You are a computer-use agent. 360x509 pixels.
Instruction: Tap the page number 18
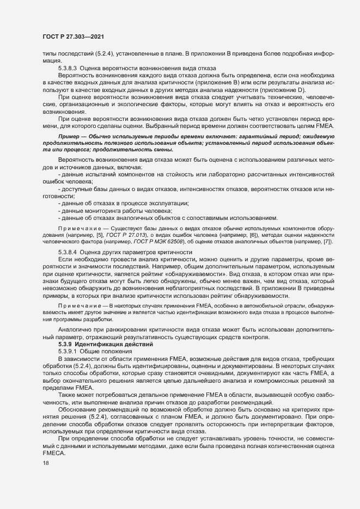point(45,478)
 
